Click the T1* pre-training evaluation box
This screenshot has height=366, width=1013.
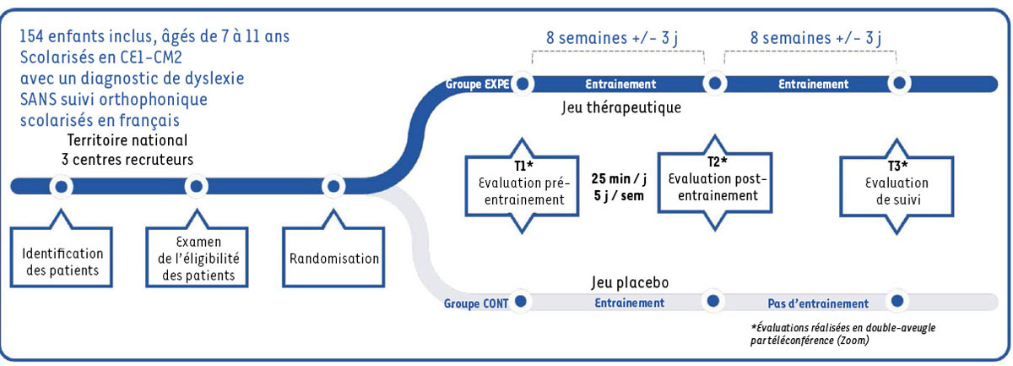click(x=519, y=183)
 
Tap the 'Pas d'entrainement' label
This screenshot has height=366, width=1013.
click(x=817, y=303)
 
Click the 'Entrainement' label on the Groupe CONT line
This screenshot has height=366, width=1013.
click(x=630, y=302)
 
